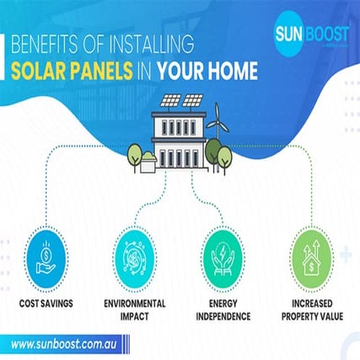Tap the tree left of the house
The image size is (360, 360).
pyautogui.click(x=135, y=154)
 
